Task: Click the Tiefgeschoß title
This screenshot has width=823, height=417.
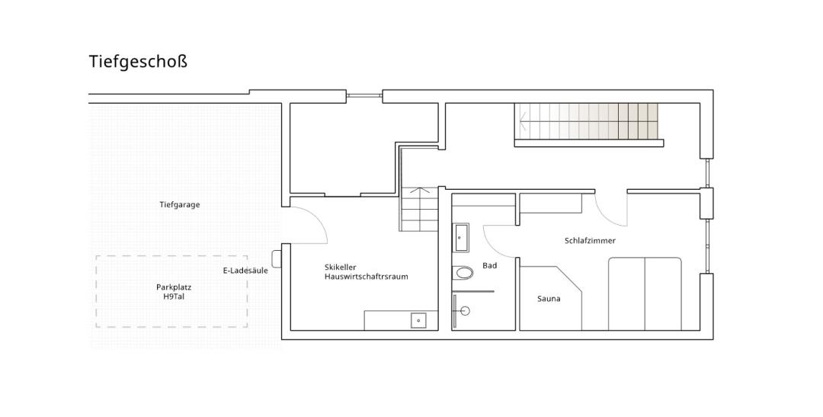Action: pyautogui.click(x=138, y=62)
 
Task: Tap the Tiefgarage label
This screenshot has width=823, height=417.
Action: pyautogui.click(x=180, y=205)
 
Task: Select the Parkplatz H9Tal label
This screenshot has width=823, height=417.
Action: pyautogui.click(x=174, y=291)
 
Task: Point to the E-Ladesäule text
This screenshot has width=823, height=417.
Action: pyautogui.click(x=245, y=271)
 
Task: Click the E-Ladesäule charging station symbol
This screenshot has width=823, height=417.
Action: pyautogui.click(x=277, y=258)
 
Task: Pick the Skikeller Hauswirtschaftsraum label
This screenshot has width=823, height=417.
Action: pyautogui.click(x=366, y=272)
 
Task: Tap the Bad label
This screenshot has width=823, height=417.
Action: pyautogui.click(x=490, y=266)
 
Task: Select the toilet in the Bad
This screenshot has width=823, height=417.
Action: pyautogui.click(x=463, y=273)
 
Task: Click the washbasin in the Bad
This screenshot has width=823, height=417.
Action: pyautogui.click(x=461, y=237)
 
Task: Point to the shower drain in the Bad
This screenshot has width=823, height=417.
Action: pyautogui.click(x=464, y=311)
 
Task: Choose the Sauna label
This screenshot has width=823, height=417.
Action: pyautogui.click(x=549, y=299)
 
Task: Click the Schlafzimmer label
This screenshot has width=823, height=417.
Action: pyautogui.click(x=590, y=241)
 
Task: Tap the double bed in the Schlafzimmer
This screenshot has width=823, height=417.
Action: pyautogui.click(x=645, y=294)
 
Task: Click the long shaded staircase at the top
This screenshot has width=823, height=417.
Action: pyautogui.click(x=588, y=121)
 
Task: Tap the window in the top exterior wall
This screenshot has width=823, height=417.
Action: pyautogui.click(x=364, y=96)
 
